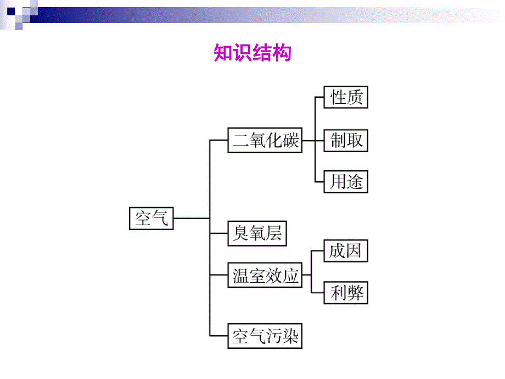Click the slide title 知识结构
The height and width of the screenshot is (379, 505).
click(x=252, y=53)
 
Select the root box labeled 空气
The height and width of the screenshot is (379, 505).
click(x=151, y=218)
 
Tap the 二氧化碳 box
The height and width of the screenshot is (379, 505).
click(x=265, y=140)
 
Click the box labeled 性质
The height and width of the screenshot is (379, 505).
click(x=346, y=98)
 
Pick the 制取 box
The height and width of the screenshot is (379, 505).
click(x=346, y=140)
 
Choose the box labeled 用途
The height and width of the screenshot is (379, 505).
click(x=346, y=182)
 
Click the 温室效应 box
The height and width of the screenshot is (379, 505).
click(x=265, y=276)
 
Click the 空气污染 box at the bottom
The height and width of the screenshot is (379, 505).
click(x=265, y=336)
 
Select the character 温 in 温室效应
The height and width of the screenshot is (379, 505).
click(x=240, y=276)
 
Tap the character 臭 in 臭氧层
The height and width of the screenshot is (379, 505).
click(x=240, y=233)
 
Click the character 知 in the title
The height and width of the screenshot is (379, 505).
click(x=223, y=53)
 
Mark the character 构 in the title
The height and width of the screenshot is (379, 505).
click(x=281, y=53)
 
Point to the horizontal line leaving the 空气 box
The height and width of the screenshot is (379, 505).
click(x=191, y=218)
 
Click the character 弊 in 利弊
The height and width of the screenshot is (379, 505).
click(x=355, y=293)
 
